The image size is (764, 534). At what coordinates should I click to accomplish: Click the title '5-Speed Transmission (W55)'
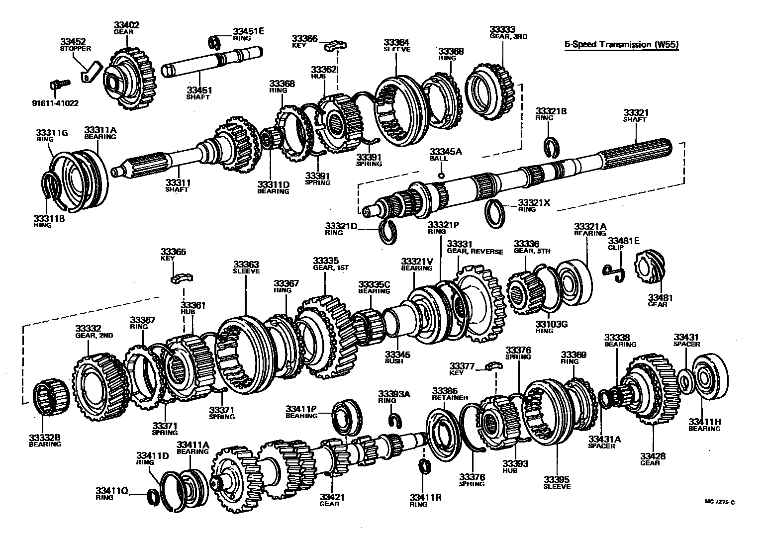click(x=621, y=45)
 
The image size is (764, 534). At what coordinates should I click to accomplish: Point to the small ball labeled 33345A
click(x=441, y=176)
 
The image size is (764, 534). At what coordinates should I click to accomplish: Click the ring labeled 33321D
click(x=387, y=231)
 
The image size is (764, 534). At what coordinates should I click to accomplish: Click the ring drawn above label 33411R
click(x=424, y=468)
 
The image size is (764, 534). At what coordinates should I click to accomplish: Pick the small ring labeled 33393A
click(x=395, y=419)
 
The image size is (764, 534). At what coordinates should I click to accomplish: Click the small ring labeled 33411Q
click(x=154, y=496)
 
